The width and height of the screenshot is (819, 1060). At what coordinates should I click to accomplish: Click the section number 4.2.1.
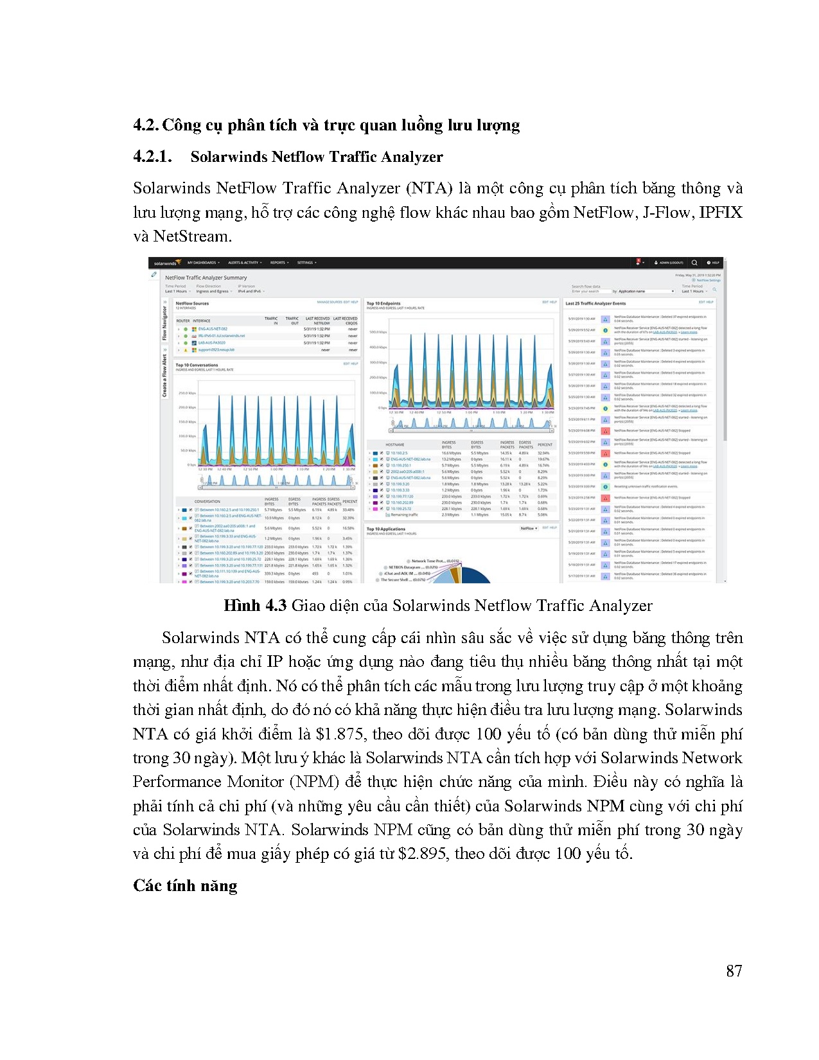152,157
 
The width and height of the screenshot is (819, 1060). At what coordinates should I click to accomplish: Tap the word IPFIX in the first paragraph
720,213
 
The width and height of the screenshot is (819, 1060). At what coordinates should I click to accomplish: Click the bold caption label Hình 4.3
254,606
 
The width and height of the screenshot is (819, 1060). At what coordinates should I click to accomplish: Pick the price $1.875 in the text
340,734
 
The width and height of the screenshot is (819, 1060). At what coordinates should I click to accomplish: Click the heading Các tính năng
185,886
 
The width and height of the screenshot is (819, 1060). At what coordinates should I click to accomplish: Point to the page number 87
734,971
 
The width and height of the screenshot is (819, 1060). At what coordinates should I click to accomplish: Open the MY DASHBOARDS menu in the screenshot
203,263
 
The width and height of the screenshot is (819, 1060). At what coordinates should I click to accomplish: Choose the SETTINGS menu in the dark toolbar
306,263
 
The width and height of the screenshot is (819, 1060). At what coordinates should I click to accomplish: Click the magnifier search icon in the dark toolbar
694,263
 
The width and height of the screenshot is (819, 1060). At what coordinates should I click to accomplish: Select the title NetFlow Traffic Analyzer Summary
206,278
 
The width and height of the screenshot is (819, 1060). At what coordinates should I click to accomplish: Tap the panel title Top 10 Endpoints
383,303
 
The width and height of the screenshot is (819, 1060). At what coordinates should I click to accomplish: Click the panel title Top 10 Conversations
197,365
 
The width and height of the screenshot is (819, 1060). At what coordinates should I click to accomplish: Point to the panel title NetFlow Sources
192,303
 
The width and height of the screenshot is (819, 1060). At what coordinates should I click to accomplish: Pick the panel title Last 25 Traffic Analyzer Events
595,303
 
